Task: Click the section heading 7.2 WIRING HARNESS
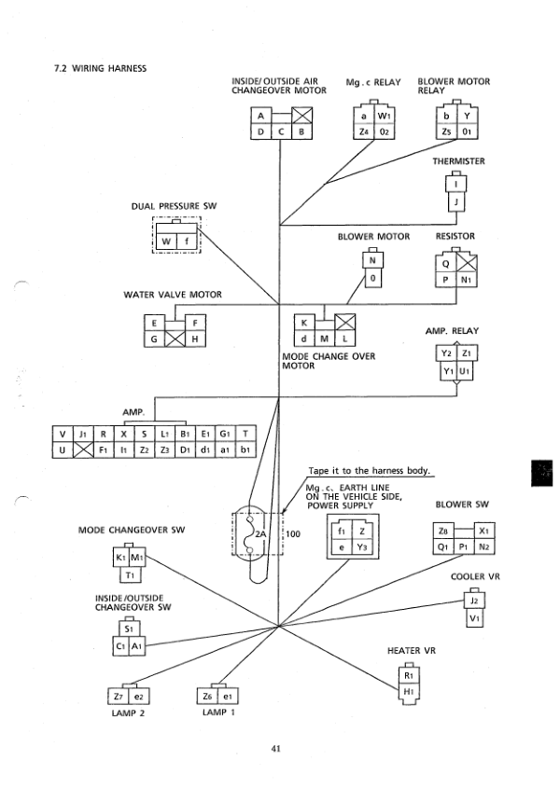pyautogui.click(x=101, y=66)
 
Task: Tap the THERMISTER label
pyautogui.click(x=458, y=161)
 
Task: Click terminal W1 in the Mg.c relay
pyautogui.click(x=382, y=116)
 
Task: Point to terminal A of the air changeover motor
pyautogui.click(x=262, y=117)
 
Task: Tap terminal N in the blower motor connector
pyautogui.click(x=372, y=261)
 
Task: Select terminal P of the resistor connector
pyautogui.click(x=446, y=279)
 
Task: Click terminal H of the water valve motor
pyautogui.click(x=194, y=339)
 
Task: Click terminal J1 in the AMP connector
pyautogui.click(x=82, y=434)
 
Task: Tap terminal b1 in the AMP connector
pyautogui.click(x=245, y=450)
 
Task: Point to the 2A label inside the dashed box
pyautogui.click(x=260, y=534)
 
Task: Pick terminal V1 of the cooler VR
pyautogui.click(x=474, y=617)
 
